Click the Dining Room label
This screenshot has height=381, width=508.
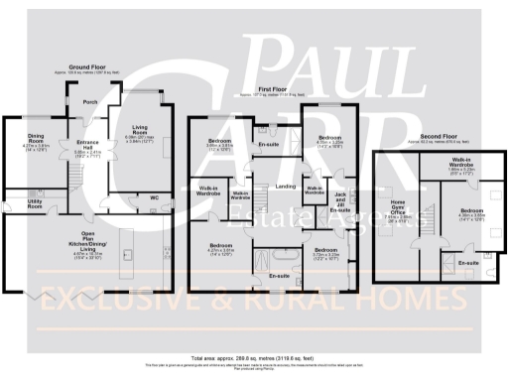click(x=36, y=138)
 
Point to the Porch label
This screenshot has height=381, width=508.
click(x=91, y=101)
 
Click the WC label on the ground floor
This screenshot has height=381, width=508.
click(x=155, y=197)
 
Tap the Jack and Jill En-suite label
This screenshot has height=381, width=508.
click(x=339, y=201)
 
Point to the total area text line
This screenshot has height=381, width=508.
click(x=253, y=353)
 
